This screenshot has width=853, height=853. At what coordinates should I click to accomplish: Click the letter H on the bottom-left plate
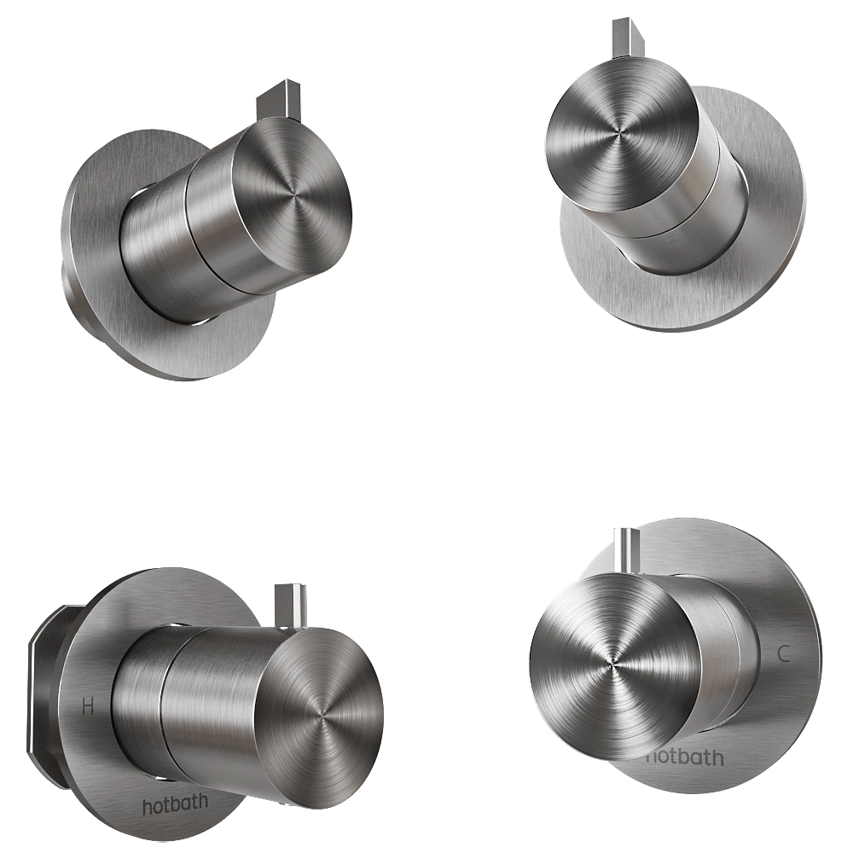coord(87,705)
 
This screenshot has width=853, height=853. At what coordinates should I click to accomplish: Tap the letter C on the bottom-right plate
coord(784,654)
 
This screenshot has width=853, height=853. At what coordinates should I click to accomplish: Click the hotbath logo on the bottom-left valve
coord(174,805)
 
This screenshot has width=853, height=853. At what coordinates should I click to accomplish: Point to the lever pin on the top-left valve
coord(278,102)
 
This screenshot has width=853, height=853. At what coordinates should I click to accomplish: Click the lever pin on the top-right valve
coord(621,36)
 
